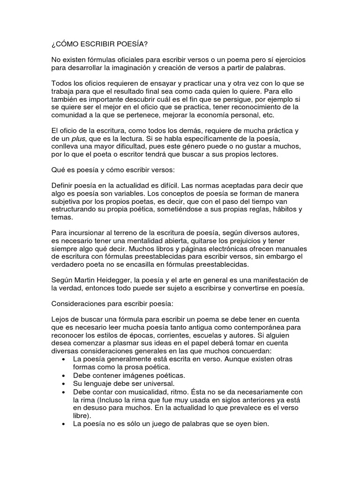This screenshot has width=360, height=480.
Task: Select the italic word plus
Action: (79, 139)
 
